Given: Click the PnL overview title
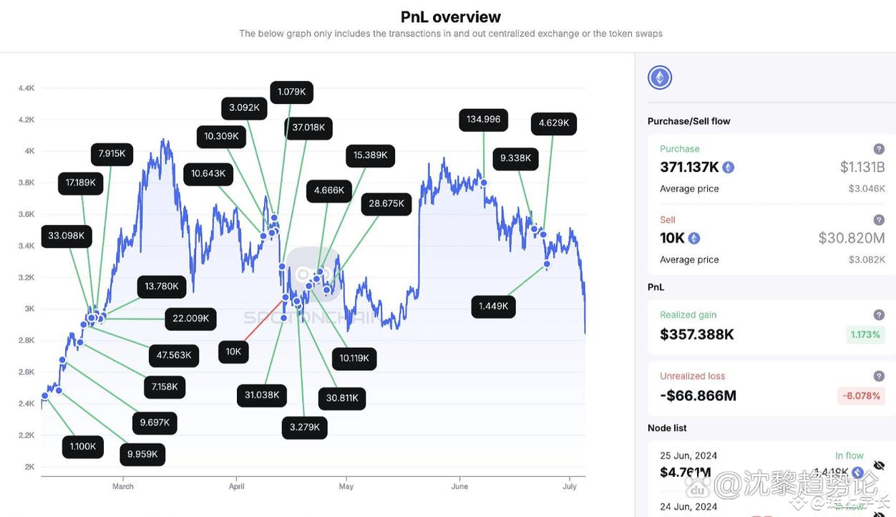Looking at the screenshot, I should pos(450,16).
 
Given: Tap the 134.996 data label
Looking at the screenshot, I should pos(483,120).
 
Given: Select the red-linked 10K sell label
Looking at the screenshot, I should pos(233,352).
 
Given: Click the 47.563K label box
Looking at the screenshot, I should pos(174,355).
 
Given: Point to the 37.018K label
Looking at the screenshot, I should pos(308,127).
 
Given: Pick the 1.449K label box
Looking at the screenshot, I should pos(493,306).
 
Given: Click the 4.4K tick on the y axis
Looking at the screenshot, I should pos(26,88).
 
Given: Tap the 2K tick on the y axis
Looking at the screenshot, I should pos(29,467).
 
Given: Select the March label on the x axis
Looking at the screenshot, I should pos(123,487).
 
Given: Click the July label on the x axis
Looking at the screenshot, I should pos(570,487).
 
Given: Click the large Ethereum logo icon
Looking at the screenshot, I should pos(660,77).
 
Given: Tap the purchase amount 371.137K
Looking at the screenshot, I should pos(689,168).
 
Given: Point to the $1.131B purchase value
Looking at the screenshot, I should pos(862,168).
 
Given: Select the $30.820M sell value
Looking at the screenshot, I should pos(851,238).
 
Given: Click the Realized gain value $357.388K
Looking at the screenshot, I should pos(696,334).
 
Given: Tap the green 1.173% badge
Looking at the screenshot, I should pos(865,334).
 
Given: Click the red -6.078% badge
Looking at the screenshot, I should pos(861,396).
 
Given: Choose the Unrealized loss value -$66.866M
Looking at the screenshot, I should pos(698,396).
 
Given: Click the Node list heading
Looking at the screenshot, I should pos(666,428).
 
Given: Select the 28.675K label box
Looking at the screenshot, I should pos(386,204).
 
